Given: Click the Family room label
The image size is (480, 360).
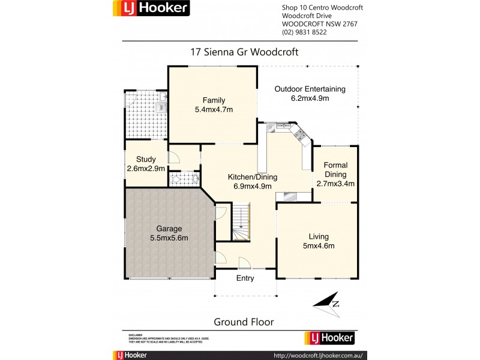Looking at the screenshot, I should click(213, 104).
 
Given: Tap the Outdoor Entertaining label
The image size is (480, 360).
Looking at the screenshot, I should click(310, 94).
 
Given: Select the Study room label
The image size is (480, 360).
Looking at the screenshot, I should click(146, 164).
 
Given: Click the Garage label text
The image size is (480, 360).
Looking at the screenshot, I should click(169, 233).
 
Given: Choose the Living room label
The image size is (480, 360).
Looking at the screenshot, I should click(319, 241).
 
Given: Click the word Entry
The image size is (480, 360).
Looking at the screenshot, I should click(245, 278).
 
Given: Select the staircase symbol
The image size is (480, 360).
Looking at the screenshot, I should click(241, 222).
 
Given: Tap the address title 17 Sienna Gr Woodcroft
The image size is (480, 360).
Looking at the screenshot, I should click(244, 52).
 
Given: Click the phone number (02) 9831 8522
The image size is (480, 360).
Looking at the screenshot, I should click(304, 32).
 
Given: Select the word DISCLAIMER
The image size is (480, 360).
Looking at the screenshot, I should click(135, 334).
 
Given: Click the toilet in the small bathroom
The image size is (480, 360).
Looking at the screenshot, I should click(176, 178).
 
